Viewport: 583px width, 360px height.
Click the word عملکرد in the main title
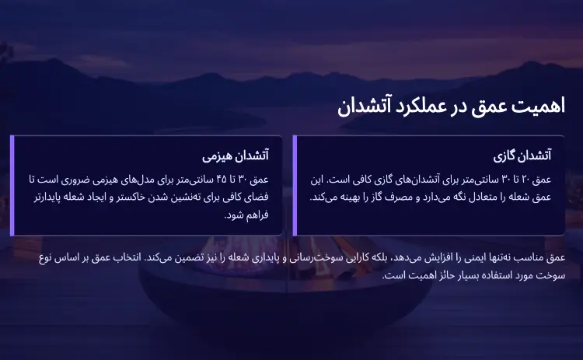[421, 107]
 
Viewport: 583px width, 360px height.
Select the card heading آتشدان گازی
[522, 156]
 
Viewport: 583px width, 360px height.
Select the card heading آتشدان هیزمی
[236, 156]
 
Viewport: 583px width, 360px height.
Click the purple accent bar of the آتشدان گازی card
[294, 185]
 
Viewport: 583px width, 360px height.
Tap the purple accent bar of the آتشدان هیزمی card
[12, 185]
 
